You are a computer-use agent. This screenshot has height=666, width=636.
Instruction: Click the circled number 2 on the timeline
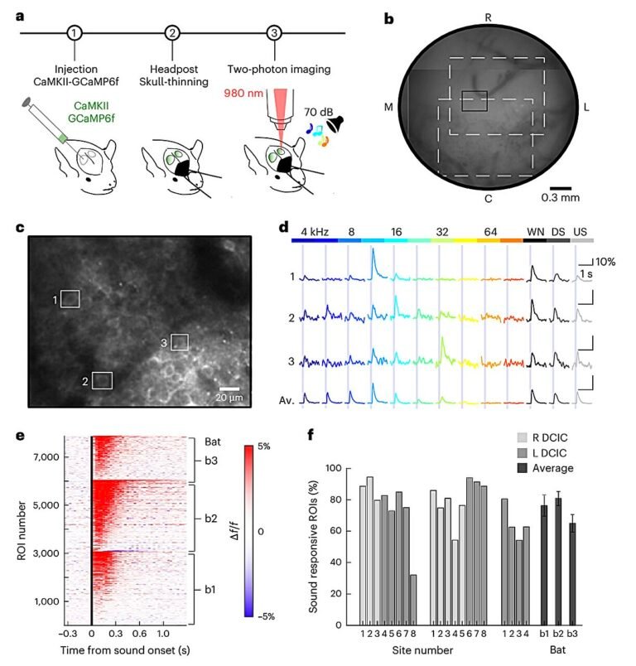tap(172, 33)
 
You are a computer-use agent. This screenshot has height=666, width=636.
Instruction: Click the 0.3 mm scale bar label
tap(560, 198)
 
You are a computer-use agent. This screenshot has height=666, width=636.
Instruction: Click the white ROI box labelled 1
tap(70, 298)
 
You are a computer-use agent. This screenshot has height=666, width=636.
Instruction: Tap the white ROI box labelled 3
tap(180, 341)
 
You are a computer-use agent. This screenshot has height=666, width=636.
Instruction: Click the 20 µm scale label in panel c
tap(229, 398)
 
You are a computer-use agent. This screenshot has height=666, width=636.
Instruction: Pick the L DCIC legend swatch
tap(523, 453)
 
